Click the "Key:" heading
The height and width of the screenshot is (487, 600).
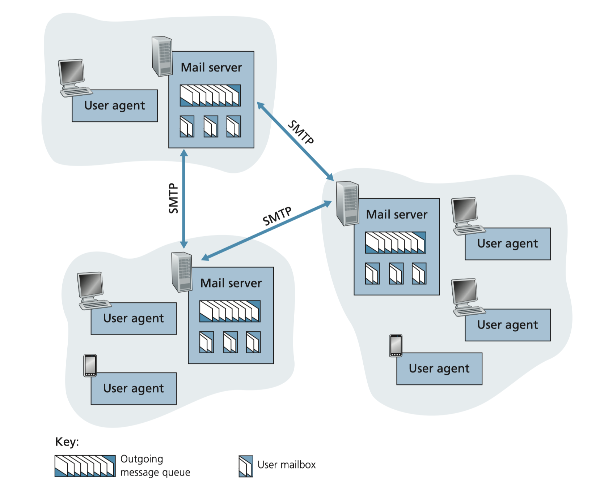(x=67, y=442)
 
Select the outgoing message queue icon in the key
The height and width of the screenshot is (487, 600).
(x=85, y=466)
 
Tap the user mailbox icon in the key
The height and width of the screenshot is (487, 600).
(x=246, y=466)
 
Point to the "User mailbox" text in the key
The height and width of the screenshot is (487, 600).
(x=286, y=465)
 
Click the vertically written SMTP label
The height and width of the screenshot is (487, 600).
(x=174, y=198)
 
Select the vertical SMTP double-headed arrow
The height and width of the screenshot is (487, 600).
(x=184, y=217)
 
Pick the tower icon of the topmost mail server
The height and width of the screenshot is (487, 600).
(x=162, y=56)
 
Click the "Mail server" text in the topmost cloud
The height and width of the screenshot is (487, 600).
(x=211, y=68)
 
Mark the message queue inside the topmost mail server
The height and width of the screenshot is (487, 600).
(x=210, y=95)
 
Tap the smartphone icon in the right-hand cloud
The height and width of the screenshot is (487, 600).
(x=396, y=345)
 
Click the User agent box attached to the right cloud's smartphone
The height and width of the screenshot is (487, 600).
(x=439, y=369)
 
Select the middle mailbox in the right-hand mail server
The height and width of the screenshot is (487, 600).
(x=396, y=273)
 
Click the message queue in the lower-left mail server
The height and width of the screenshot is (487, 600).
(x=230, y=311)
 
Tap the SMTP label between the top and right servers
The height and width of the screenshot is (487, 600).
(x=301, y=133)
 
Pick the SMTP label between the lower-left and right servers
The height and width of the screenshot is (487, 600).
(x=277, y=216)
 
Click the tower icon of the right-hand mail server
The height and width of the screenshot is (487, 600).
(x=347, y=203)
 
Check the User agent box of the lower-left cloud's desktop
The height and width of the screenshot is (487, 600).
(x=134, y=319)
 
